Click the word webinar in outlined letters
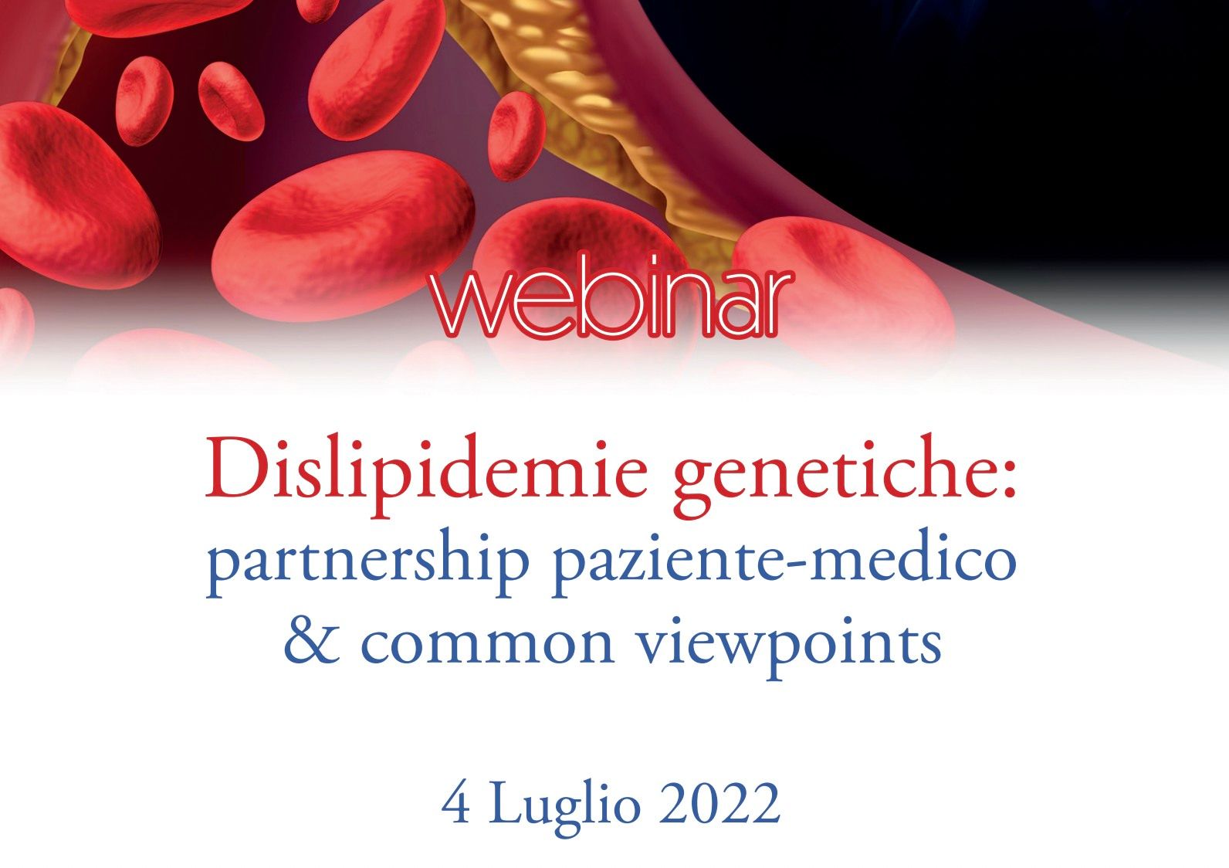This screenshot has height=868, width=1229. pyautogui.click(x=611, y=297)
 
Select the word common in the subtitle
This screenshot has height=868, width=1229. pyautogui.click(x=486, y=646)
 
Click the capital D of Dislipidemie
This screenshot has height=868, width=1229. pyautogui.click(x=234, y=469)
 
